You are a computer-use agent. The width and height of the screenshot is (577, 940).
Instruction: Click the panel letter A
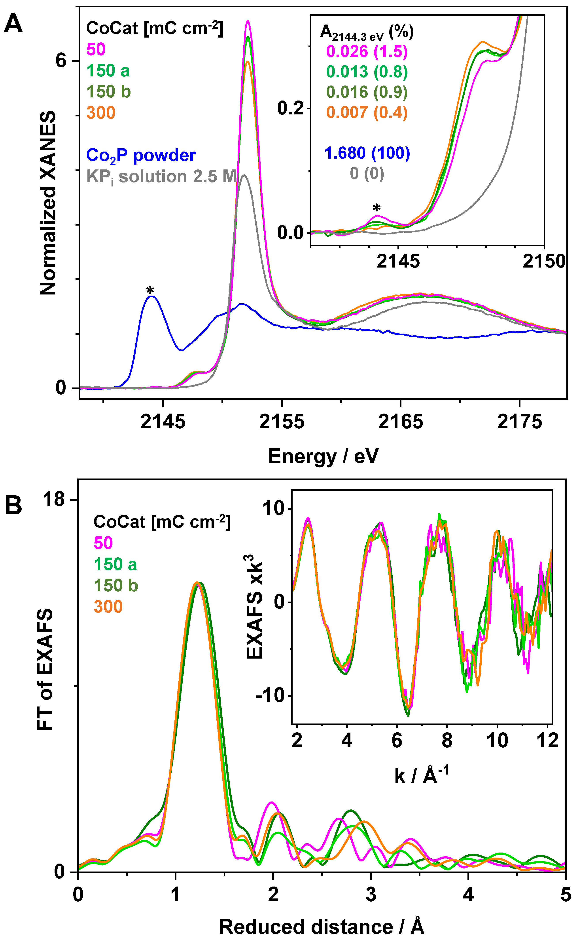[x=13, y=24]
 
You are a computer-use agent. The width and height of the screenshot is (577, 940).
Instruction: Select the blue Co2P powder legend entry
[x=141, y=155]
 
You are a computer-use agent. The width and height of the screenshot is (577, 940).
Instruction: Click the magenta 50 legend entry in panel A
[x=96, y=49]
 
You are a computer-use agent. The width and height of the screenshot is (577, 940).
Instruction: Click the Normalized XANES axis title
[x=48, y=203]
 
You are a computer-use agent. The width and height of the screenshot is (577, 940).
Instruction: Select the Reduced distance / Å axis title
[x=322, y=927]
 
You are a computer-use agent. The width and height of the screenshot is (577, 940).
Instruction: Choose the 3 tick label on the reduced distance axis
[x=371, y=894]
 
